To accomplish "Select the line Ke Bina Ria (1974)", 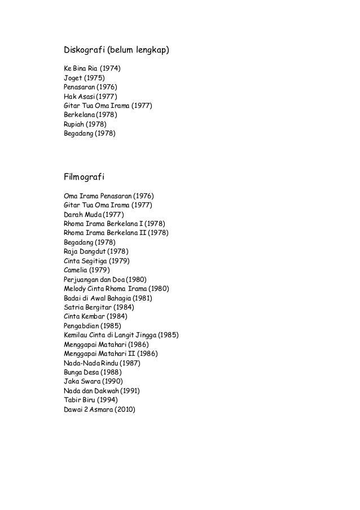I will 93,69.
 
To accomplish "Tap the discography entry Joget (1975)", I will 84,78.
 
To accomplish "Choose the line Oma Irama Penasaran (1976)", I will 107,197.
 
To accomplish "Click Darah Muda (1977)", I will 94,215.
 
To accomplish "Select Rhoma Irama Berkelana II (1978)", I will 116,233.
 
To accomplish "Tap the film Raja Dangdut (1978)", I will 95,251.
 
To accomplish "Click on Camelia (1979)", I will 86,269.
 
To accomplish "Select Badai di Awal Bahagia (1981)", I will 108,298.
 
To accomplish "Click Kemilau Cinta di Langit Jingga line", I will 121,334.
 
